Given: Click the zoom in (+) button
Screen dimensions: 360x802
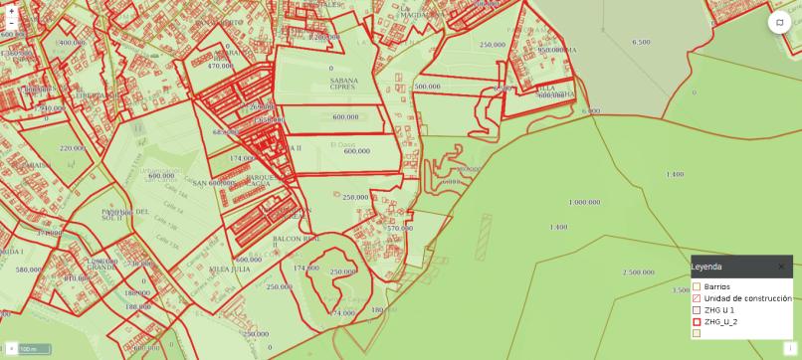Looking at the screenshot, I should tap(11, 11).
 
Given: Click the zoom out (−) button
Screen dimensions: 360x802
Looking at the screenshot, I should tap(11, 23).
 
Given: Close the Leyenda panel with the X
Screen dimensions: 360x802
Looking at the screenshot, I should tap(781, 267).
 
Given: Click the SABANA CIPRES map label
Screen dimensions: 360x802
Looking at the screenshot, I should tap(343, 84).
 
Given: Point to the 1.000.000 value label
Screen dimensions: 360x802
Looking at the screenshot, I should tap(584, 202).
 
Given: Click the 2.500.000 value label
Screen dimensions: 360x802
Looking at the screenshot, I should tap(638, 271).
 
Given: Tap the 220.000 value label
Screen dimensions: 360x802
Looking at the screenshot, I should tap(72, 148).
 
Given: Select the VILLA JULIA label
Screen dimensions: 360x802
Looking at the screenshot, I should tap(230, 269).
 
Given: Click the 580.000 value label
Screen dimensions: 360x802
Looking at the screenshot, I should tap(29, 270).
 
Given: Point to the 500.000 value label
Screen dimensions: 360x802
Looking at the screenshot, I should tap(427, 87).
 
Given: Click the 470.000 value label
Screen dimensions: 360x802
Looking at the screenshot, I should tap(219, 66).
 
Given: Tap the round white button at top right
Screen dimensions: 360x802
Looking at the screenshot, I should tap(778, 23).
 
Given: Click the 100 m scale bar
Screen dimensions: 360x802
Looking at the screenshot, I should tap(35, 349).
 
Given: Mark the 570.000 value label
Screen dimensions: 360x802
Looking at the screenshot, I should tap(400, 228).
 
